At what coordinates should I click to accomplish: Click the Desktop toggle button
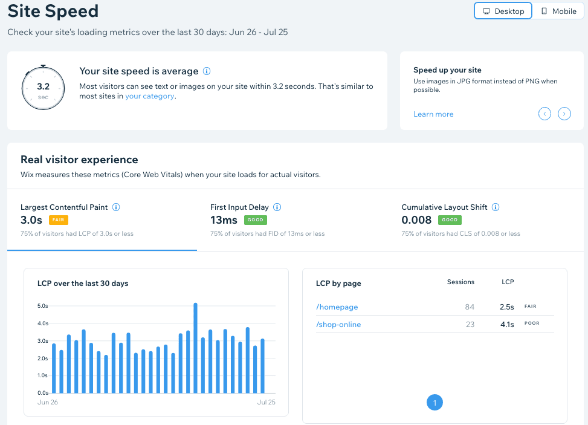(503, 11)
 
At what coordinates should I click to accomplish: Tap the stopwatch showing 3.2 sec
(43, 88)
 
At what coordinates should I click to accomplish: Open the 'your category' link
(150, 96)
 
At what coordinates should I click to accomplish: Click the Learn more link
(433, 114)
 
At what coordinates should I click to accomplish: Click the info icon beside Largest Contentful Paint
(116, 207)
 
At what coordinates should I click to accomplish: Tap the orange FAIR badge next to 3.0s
(57, 220)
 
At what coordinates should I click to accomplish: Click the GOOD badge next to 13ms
(255, 220)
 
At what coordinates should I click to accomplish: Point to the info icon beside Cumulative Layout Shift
(496, 207)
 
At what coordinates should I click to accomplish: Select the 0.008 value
(416, 220)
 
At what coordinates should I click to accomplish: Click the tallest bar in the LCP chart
(196, 348)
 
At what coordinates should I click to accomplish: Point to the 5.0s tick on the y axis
(43, 306)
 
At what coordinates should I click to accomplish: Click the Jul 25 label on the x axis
(266, 402)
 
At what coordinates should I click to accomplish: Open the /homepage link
(337, 307)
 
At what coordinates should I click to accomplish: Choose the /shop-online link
(338, 325)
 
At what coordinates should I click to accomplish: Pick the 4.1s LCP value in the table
(506, 325)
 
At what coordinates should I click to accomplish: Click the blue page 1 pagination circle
(435, 402)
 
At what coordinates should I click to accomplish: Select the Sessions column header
(460, 282)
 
